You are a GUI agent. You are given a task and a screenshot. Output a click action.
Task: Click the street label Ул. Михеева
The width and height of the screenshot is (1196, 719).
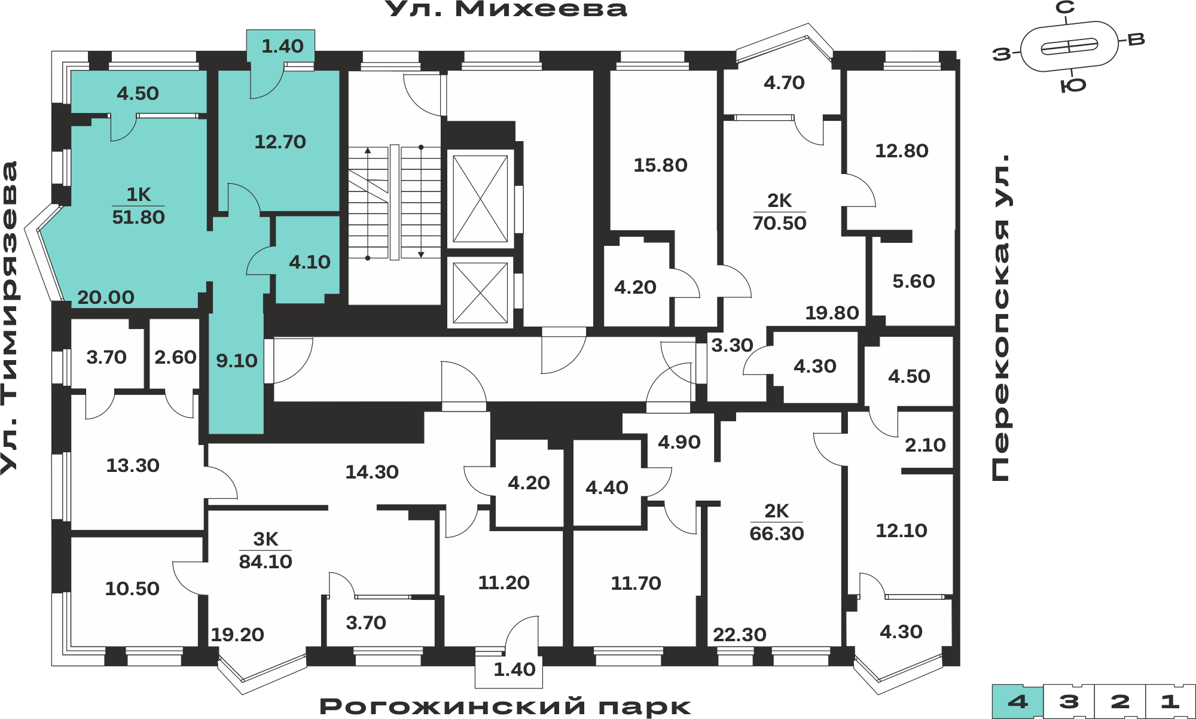(x=506, y=9)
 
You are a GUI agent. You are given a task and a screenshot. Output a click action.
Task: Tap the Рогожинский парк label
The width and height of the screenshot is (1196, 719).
(x=505, y=706)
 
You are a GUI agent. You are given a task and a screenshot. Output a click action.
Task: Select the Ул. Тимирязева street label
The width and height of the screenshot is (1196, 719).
(x=10, y=318)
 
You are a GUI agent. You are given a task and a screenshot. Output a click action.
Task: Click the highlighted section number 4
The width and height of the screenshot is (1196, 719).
(x=1018, y=702)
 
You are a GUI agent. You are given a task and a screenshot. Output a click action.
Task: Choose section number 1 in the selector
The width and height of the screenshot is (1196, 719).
(x=1170, y=702)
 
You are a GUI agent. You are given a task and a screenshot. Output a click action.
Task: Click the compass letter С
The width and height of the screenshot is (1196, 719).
(x=1065, y=8)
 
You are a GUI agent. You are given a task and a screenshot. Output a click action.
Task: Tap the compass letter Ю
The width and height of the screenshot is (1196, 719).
(x=1073, y=86)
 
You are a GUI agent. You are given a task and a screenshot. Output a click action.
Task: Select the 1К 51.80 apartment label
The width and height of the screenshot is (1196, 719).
(x=138, y=206)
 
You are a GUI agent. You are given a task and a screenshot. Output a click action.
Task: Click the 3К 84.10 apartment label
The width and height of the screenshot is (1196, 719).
(x=266, y=550)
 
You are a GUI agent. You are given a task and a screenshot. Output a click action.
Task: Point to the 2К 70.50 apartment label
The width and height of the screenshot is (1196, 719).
(x=779, y=212)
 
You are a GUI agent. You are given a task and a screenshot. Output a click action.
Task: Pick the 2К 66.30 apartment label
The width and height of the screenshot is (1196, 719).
(x=777, y=522)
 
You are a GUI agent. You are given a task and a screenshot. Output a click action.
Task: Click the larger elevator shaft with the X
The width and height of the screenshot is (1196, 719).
(x=480, y=199)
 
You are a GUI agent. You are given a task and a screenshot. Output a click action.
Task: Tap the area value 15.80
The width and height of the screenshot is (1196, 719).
(x=660, y=165)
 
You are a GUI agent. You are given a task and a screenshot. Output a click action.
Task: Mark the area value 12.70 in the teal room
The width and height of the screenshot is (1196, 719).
(x=280, y=142)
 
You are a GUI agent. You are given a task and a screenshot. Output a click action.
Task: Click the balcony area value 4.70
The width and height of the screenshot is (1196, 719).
(x=784, y=83)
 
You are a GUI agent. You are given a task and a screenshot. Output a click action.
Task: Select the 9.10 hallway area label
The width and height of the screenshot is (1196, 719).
(x=237, y=361)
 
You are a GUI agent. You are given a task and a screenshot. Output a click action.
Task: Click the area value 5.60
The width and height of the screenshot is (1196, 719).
(x=914, y=281)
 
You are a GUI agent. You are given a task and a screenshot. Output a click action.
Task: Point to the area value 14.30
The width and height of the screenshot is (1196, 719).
(x=372, y=472)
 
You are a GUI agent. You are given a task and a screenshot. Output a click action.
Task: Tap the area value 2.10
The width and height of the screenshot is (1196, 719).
(x=925, y=445)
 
